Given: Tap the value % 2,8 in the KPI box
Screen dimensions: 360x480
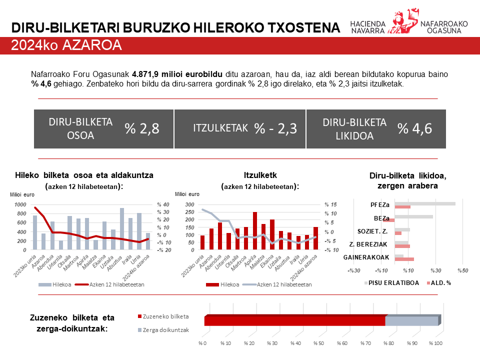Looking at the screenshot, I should tap(142, 128).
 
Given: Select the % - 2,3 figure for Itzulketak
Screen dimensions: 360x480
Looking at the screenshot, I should tap(275, 128).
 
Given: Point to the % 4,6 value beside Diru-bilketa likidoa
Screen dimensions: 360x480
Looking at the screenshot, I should tap(414, 128).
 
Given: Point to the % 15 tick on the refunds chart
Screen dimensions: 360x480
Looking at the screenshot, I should tap(330, 204).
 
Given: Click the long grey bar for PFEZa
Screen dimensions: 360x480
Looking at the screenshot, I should tap(425, 203).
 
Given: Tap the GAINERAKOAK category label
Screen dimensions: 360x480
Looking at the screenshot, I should tap(366, 257).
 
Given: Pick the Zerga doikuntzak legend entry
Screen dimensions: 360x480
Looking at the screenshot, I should tap(165, 330).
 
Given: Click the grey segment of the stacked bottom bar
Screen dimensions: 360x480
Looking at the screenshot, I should tap(411, 321).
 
